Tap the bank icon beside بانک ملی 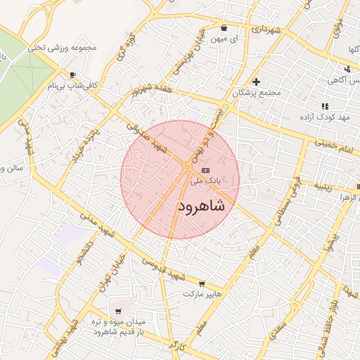pos(205,170)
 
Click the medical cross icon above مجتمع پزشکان pos(257,82)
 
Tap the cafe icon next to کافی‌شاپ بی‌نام pos(72,75)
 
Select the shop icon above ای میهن pos(224,28)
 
